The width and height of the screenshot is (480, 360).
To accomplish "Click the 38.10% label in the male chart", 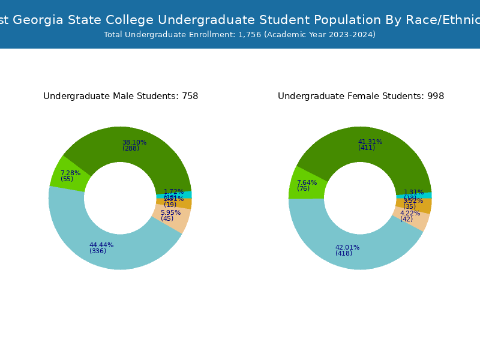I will pos(134,143).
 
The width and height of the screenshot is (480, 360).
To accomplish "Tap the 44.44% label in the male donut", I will pos(101,245).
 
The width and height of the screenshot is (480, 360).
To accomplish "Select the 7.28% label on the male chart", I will pos(70,173).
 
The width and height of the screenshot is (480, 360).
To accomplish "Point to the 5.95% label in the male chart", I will pos(170,212).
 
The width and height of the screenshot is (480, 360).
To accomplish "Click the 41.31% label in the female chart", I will pos(370,142).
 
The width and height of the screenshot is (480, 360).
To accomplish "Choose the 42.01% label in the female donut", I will pos(347,247).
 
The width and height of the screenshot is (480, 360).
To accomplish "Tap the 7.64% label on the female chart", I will pos(307,183).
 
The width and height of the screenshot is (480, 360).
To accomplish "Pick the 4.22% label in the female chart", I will pos(410,213).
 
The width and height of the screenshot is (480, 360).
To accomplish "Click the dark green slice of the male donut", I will pos(150,150).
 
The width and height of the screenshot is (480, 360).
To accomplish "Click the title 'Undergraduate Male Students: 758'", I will pos(121,96).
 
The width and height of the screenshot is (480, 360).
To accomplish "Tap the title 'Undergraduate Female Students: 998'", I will pos(361,96).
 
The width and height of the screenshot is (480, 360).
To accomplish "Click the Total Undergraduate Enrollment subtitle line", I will pos(239,35).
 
